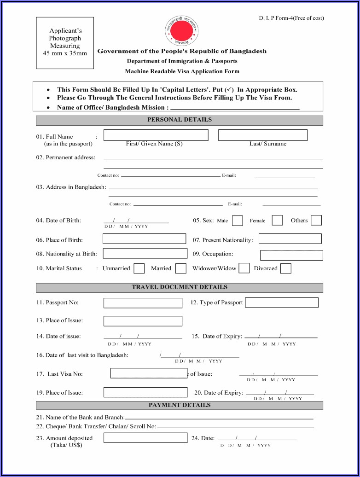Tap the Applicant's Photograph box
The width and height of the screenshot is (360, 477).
point(65,43)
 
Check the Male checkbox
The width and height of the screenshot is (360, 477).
point(238,221)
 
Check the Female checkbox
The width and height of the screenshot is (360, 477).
point(277,220)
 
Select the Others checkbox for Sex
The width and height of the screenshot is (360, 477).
point(316,220)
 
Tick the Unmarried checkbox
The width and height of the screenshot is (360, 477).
point(139,268)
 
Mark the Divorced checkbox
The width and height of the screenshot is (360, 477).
point(286,268)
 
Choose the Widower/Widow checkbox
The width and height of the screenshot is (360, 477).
point(244,268)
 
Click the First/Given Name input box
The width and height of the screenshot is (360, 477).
point(156,135)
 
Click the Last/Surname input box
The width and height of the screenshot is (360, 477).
point(262,135)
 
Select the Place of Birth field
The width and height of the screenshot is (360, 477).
point(144,239)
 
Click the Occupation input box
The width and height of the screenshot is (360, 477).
point(291,255)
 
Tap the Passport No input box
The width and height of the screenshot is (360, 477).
point(143,303)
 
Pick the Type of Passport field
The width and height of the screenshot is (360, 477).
point(282,302)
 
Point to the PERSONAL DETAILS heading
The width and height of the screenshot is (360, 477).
point(180,120)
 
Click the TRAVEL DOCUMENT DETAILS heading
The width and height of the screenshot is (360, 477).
point(180,288)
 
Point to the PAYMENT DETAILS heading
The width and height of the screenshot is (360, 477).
point(180,405)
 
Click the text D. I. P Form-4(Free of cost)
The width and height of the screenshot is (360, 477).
point(291,18)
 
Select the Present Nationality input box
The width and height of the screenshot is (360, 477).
point(290,238)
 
